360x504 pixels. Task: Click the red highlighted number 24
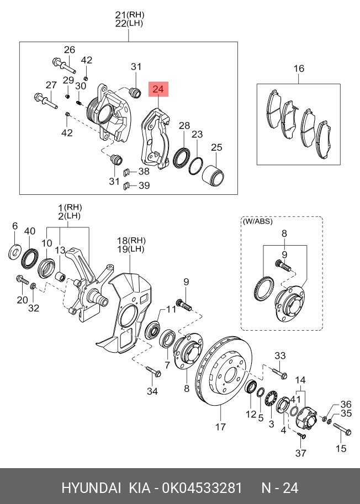[158, 89]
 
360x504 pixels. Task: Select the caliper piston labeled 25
[213, 174]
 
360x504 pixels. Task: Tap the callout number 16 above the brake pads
[298, 69]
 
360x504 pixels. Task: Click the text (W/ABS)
[257, 222]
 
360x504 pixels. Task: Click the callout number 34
[152, 391]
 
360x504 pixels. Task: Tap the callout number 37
[300, 453]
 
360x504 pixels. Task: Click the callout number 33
[280, 356]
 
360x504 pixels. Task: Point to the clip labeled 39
[126, 185]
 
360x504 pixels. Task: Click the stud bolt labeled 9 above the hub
[185, 304]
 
